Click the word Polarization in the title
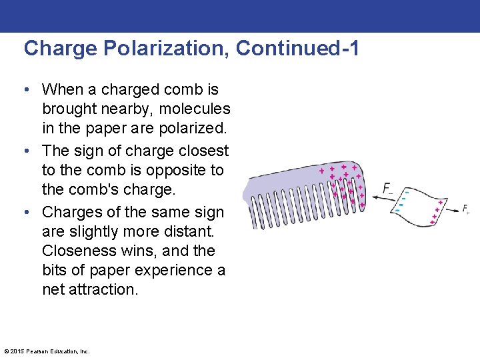click(x=159, y=49)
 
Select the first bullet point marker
click(x=31, y=89)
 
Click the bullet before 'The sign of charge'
click(x=31, y=151)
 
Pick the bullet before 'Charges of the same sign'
click(x=31, y=213)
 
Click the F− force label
click(x=388, y=189)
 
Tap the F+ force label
click(x=466, y=209)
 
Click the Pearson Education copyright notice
click(x=47, y=351)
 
